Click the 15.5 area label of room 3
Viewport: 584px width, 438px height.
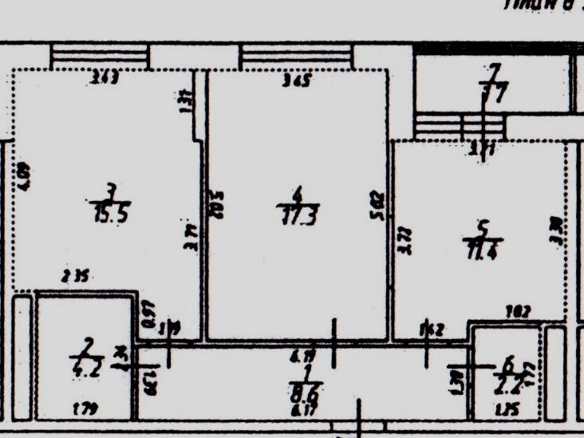point(111,213)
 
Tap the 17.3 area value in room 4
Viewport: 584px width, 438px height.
point(298,215)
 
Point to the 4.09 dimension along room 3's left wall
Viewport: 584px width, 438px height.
point(23,176)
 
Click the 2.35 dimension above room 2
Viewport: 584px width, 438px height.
point(76,277)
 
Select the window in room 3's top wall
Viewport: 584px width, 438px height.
point(100,56)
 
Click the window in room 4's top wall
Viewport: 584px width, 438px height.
point(297,56)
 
